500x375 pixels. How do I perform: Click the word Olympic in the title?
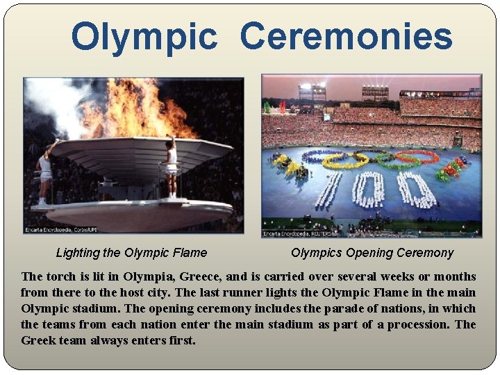[x=144, y=37]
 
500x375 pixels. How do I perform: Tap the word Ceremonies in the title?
[x=346, y=37]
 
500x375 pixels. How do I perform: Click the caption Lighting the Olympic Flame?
[x=131, y=253]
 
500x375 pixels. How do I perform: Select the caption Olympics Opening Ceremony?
[x=372, y=253]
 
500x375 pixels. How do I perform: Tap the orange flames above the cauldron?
[x=139, y=111]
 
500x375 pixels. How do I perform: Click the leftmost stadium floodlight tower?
[x=312, y=90]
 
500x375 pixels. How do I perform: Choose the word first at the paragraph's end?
[x=182, y=340]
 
